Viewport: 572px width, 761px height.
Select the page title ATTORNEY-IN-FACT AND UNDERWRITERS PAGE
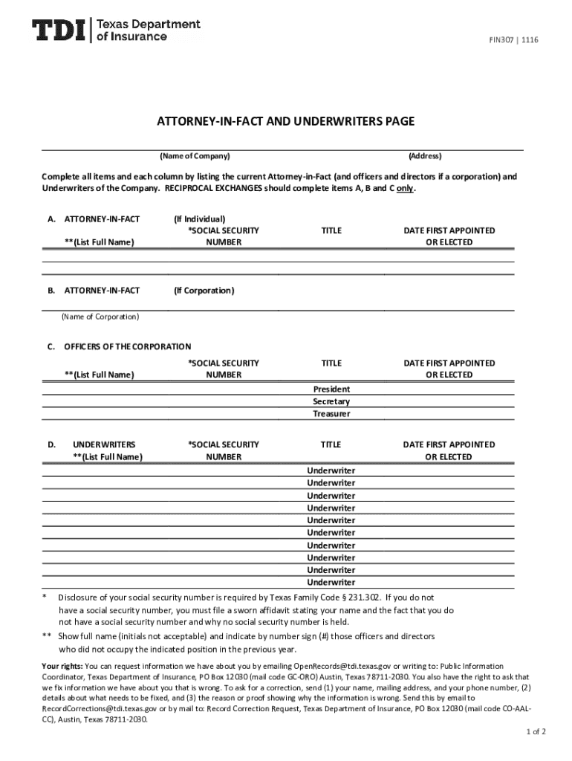[285, 121]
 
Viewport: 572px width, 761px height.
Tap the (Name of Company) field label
[195, 156]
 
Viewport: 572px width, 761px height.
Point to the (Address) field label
[425, 156]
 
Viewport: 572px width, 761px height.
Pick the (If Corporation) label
[204, 291]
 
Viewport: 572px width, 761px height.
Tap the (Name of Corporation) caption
[100, 317]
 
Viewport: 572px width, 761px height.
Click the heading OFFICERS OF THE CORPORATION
[128, 346]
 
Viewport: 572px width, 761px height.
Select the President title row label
[331, 389]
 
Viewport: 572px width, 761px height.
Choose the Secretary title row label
[331, 401]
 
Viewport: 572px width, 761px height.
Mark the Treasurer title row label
[331, 414]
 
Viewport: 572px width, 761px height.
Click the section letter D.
[52, 444]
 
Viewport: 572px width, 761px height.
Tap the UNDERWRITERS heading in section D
[104, 444]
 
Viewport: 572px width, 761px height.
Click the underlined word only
[405, 189]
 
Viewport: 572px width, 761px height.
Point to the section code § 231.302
[355, 598]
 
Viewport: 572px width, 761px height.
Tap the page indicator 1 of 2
[535, 731]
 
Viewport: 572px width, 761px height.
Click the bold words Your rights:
[62, 666]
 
